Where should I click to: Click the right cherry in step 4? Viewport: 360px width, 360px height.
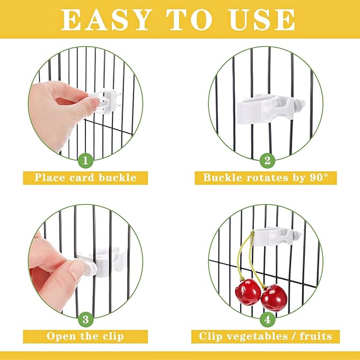[274, 297]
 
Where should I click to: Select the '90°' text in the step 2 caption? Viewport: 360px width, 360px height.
[321, 177]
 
